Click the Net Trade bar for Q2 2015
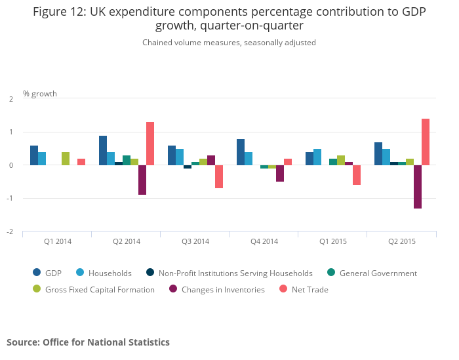pos(426,142)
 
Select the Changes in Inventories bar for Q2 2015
pos(418,186)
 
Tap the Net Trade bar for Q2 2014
pos(150,144)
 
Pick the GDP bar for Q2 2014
pos(103,150)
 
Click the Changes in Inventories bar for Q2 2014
pos(142,180)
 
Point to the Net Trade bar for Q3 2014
pos(219,176)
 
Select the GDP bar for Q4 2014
pos(241,151)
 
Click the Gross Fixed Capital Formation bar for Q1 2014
pos(66,158)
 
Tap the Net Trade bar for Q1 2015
pos(357,175)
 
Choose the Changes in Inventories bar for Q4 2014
pos(280,173)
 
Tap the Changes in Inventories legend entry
pos(216,289)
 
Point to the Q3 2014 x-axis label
pos(195,241)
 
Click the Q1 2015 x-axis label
pos(333,241)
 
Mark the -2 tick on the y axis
pos(10,231)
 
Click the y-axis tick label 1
pos(11,132)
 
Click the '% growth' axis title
pos(40,94)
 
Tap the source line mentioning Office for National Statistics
pos(88,342)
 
